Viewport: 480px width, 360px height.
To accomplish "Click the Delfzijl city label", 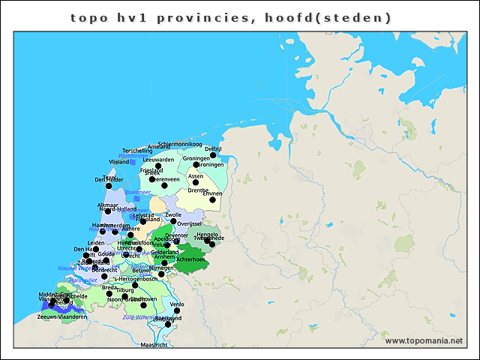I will [x=213, y=149].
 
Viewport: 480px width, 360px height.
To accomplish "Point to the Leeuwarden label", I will [x=158, y=160].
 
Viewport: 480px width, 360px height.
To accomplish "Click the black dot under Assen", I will [x=196, y=182].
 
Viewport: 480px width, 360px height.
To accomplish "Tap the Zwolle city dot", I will [x=173, y=221].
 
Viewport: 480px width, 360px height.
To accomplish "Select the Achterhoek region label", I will [x=189, y=259].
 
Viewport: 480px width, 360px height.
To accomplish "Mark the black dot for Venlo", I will [x=177, y=310].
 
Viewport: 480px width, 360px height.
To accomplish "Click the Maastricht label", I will [x=154, y=345].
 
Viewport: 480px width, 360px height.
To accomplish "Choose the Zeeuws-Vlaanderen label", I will [x=61, y=316].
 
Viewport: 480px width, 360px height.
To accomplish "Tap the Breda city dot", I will [x=109, y=293].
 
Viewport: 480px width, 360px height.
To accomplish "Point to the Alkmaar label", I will [x=108, y=205].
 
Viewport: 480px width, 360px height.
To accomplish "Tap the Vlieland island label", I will [x=118, y=161].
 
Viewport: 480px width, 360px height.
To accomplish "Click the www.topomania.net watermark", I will [x=424, y=340].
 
